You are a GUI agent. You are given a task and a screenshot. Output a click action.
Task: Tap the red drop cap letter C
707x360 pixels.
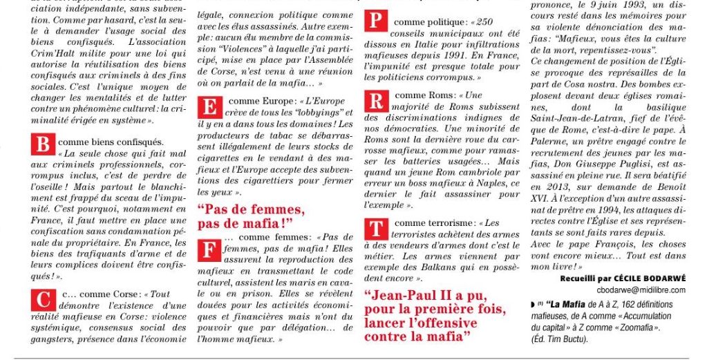[x=44, y=301]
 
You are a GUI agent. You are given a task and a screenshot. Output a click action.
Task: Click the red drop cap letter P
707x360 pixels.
[x=375, y=20]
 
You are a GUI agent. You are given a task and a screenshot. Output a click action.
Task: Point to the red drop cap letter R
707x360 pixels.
[x=375, y=102]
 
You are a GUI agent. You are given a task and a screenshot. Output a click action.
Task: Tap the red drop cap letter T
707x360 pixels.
[x=375, y=230]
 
